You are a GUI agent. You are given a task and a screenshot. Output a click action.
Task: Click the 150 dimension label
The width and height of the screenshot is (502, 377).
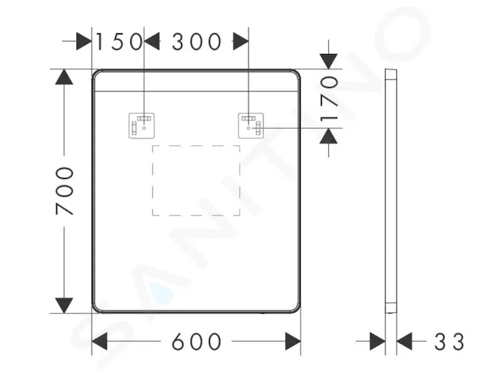pos(119,41)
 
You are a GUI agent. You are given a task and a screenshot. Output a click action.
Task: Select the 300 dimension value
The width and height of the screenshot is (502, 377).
pos(196,41)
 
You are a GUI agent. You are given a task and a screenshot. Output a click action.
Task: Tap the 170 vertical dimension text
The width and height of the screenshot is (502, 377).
pos(329,99)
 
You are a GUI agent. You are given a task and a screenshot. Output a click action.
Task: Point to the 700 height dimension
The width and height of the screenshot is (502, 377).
pos(65,191)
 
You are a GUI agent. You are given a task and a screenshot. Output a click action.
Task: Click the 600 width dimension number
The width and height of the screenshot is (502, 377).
pos(196,341)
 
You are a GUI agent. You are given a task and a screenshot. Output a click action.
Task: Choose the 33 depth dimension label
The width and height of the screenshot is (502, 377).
pos(449,341)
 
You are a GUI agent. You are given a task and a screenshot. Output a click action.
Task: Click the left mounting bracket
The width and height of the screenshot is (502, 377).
pos(142,126)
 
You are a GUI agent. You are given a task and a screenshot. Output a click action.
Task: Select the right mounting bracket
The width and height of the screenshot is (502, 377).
pos(251,126)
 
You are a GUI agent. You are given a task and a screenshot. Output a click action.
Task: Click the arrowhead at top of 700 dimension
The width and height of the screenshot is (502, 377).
pos(64,77)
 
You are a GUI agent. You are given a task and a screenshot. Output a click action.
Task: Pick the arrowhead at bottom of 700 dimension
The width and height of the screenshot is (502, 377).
pos(64,305)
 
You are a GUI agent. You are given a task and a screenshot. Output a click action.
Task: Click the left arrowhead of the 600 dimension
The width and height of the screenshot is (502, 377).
pos(99,341)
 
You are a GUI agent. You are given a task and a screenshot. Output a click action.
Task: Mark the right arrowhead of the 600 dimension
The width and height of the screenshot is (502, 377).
pos(293,341)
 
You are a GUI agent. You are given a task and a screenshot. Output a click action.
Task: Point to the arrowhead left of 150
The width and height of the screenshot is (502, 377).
pos(84,41)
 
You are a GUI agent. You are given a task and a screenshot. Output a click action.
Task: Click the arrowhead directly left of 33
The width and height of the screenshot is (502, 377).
pos(404,341)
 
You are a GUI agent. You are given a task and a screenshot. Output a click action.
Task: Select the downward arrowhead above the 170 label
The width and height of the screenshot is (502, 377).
pos(329,62)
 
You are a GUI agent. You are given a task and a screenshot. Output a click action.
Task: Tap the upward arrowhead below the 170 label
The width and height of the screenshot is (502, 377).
pos(329,136)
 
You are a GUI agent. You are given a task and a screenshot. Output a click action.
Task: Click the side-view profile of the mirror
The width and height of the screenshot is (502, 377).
pos(391,191)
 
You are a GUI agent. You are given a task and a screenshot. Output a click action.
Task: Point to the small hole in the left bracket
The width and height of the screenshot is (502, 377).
pos(144,128)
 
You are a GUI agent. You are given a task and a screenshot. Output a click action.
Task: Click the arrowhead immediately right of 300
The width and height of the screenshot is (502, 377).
pos(241,41)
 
